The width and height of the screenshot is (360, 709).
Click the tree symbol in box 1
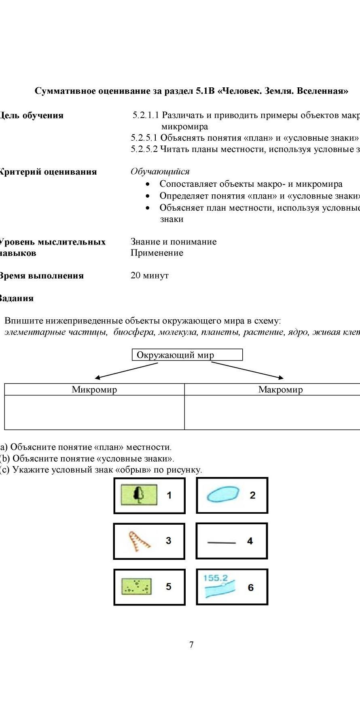pos(139,494)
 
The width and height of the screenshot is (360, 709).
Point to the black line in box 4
pos(221,542)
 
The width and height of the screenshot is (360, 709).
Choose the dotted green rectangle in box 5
pos(137,586)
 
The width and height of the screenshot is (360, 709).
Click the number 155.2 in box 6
pos(215,578)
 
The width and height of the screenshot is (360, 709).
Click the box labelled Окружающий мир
pos(187,355)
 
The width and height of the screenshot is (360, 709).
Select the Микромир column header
pos(94,390)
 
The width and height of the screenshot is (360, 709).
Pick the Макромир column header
pos(280,390)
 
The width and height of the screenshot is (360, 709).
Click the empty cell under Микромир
pos(94,412)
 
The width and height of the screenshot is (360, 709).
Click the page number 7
pos(191,645)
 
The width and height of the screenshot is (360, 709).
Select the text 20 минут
pos(149,276)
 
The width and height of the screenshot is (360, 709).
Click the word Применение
pos(157,253)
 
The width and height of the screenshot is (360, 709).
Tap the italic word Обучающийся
pos(160,171)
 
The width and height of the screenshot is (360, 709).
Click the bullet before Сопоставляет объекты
pos(149,184)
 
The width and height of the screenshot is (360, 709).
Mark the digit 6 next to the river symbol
pos(250,587)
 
